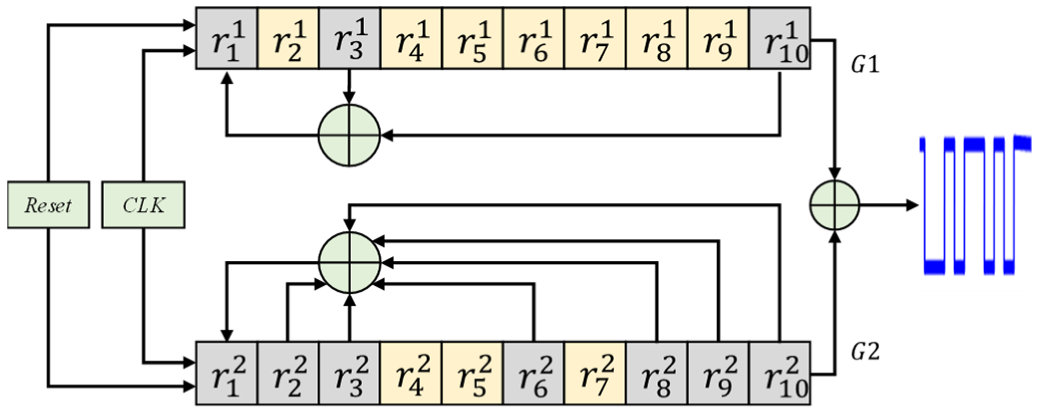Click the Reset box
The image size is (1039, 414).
(x=49, y=205)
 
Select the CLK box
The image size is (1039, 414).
(x=143, y=205)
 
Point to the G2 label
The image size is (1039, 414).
(x=865, y=352)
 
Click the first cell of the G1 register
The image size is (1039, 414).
(x=227, y=38)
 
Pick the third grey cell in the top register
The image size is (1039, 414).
(x=779, y=38)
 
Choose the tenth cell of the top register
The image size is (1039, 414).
(x=779, y=38)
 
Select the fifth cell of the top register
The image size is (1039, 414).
(x=473, y=38)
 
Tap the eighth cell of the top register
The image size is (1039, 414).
(x=657, y=38)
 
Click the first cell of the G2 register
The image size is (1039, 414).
(x=227, y=373)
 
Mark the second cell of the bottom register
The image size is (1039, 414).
(x=288, y=373)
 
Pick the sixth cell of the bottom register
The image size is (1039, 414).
(x=533, y=373)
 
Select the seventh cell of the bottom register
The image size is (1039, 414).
(x=595, y=373)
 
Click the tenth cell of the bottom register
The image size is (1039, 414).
(x=779, y=373)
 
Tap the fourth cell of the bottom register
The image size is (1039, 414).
(x=411, y=373)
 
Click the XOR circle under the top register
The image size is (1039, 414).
(x=350, y=135)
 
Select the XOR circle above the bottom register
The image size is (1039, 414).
(x=350, y=262)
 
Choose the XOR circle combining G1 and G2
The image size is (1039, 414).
(x=835, y=205)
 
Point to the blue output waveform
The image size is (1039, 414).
(x=974, y=205)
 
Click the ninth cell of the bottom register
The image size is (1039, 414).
(x=718, y=373)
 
